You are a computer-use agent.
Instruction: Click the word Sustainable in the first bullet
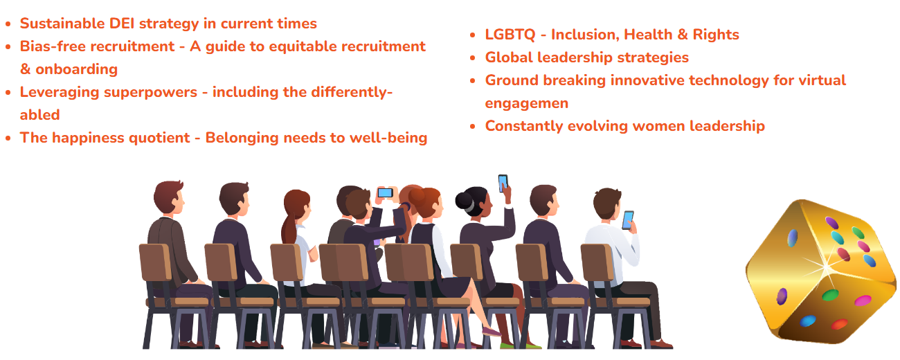62,24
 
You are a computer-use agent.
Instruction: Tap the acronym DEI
122,24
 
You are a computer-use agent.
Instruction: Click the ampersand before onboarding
26,69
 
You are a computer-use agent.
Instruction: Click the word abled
39,115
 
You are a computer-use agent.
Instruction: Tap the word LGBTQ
510,35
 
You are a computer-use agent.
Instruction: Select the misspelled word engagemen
527,104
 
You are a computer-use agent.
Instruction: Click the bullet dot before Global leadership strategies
473,58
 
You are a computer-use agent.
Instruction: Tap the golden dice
821,272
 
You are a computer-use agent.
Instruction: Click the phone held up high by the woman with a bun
503,183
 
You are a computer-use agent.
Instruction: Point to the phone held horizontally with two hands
386,193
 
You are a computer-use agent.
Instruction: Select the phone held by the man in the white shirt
628,220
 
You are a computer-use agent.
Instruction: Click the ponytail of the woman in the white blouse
289,227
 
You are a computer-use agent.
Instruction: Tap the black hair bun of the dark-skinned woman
465,200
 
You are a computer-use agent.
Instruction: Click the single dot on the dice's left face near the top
792,238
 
